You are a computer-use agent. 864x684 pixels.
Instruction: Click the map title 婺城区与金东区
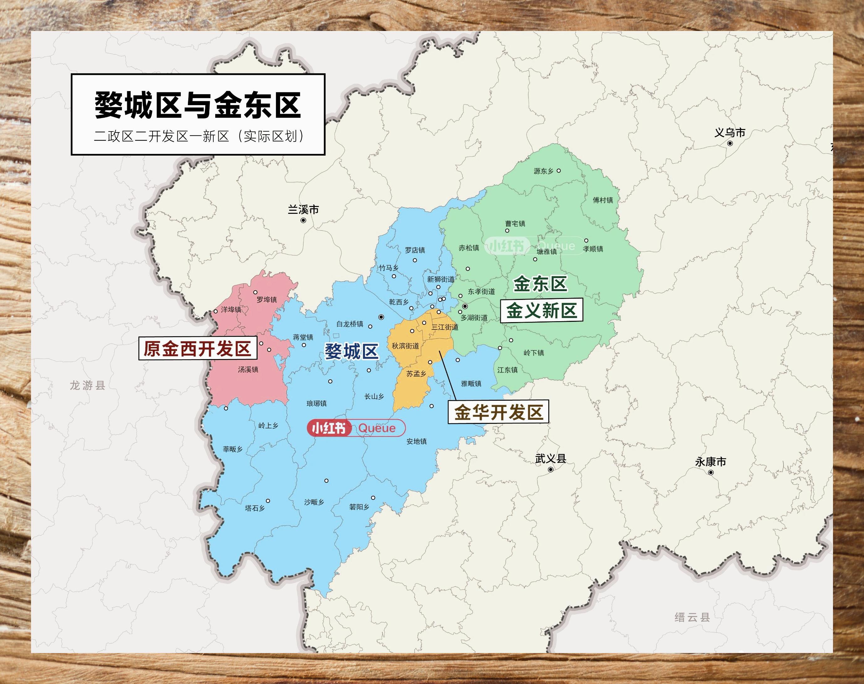point(198,105)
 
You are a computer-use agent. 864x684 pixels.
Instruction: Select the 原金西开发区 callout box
point(198,348)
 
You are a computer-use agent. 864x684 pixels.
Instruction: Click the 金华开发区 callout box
point(498,412)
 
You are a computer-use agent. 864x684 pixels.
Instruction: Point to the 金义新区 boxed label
point(541,310)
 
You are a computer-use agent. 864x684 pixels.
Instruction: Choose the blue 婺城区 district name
point(351,352)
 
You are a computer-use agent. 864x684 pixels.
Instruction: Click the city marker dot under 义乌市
point(730,143)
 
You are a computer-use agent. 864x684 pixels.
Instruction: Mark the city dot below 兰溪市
point(303,220)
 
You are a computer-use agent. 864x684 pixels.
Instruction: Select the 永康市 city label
point(710,462)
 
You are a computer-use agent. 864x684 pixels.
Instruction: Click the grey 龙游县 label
point(87,385)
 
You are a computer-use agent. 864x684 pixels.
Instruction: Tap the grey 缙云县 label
point(692,617)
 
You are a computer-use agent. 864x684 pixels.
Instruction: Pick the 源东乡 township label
point(544,171)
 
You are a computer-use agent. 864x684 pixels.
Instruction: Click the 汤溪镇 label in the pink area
point(248,369)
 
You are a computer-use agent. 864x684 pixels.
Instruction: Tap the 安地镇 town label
point(416,441)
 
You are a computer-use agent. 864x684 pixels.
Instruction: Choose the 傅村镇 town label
point(603,200)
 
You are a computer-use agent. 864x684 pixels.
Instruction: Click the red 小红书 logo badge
point(329,428)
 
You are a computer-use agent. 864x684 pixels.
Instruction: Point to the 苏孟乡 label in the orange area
point(416,374)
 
